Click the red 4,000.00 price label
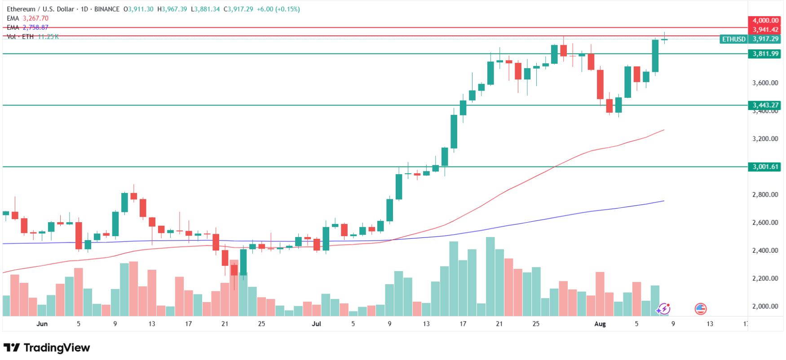(765, 20)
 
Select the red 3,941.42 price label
(765, 30)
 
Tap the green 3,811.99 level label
(765, 54)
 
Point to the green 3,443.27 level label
(765, 105)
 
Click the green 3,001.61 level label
(765, 167)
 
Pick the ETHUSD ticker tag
(733, 39)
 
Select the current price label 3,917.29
(765, 39)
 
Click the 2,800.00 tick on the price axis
(765, 194)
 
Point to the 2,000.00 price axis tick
(765, 306)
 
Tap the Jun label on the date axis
(42, 324)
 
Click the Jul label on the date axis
(316, 324)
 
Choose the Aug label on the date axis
(600, 324)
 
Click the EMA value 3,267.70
(35, 18)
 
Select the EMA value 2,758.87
(35, 27)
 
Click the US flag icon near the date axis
(700, 309)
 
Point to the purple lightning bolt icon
(663, 309)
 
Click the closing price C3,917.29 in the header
(238, 9)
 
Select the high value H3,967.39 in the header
(172, 9)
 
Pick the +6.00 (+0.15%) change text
(278, 9)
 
